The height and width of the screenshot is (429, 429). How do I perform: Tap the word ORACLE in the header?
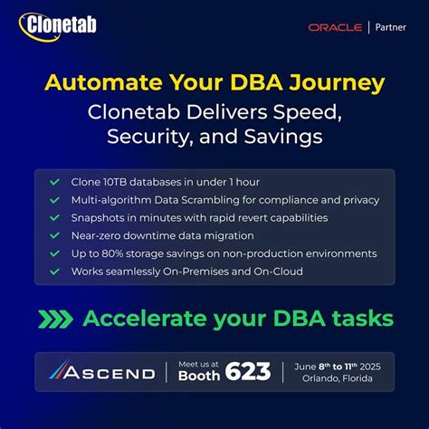[335, 27]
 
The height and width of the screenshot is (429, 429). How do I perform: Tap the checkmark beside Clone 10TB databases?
[55, 182]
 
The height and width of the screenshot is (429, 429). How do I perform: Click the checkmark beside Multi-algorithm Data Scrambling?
[55, 200]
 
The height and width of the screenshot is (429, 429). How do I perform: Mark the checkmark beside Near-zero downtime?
[55, 235]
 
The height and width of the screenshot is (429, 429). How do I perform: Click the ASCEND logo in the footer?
[101, 372]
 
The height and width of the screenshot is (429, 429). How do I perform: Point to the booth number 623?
[249, 372]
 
